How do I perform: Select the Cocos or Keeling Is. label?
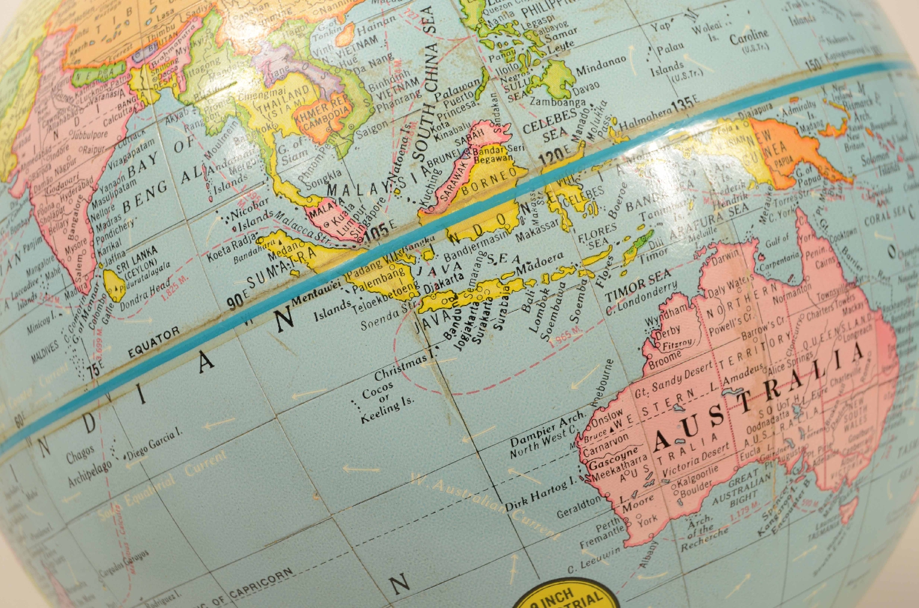click(380, 402)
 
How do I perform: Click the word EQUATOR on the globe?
click(153, 343)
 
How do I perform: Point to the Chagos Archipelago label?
click(89, 467)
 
